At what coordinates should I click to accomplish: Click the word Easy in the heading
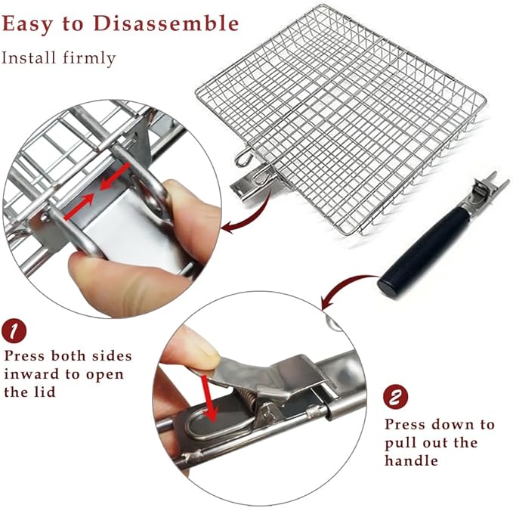point(29,23)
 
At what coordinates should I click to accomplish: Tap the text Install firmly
point(59,58)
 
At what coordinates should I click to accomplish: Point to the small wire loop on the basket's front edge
point(244,156)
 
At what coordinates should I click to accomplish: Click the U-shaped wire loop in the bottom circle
point(202,432)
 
